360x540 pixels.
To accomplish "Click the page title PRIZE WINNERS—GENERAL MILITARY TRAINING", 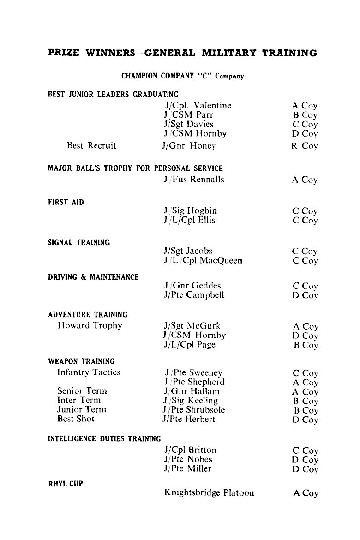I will pos(182,53).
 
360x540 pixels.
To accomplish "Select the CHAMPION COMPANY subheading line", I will pos(182,76).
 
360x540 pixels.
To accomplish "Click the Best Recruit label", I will pos(91,146).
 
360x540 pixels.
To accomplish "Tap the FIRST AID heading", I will pos(66,202).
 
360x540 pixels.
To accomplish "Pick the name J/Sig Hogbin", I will pos(190,211).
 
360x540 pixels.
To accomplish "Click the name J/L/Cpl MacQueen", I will pos(203,261).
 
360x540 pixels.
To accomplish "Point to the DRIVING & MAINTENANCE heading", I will pos(93,277).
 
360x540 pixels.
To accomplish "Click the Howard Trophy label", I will pos(90,326).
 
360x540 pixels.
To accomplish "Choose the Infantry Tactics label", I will pos(89,372).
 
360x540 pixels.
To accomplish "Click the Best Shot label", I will pos(76,419).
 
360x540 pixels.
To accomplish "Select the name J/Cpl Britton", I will pos(190,450).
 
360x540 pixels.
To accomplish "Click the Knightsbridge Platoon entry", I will pos(209,493).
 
